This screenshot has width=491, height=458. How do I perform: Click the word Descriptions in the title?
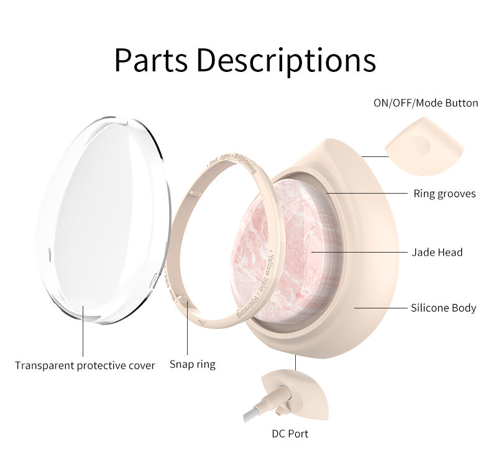pyautogui.click(x=290, y=60)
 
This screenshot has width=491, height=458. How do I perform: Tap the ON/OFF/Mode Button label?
pyautogui.click(x=426, y=103)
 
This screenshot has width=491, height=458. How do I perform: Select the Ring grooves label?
pyautogui.click(x=444, y=194)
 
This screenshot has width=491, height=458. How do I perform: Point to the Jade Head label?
pyautogui.click(x=437, y=253)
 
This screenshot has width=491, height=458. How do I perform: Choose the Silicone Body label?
pyautogui.click(x=443, y=308)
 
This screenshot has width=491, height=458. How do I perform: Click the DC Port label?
pyautogui.click(x=290, y=434)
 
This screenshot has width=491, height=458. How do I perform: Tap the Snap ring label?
pyautogui.click(x=193, y=364)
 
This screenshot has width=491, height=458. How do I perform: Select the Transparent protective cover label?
pyautogui.click(x=85, y=366)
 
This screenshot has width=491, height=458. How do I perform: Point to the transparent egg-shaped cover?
pyautogui.click(x=103, y=217)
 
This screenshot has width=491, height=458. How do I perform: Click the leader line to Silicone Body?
pyautogui.click(x=379, y=308)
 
